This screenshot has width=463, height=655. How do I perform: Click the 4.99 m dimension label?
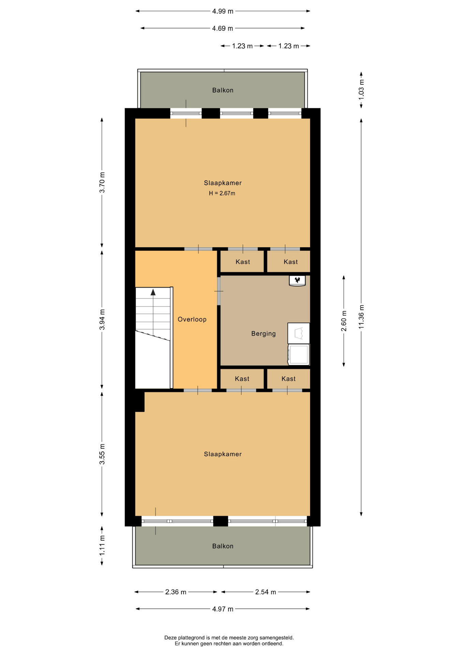223,11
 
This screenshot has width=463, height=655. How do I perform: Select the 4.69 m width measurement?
223,28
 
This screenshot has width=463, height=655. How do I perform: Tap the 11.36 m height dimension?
361,317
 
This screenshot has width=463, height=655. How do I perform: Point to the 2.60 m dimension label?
344,321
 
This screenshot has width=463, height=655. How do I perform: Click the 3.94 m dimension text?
102,320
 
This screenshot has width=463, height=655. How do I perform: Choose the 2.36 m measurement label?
176,592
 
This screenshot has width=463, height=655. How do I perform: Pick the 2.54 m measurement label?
266,592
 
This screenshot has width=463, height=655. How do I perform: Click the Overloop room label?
192,319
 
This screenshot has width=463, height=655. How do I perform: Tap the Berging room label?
264,334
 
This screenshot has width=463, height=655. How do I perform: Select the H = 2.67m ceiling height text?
222,193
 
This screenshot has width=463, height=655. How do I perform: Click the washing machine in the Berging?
299,355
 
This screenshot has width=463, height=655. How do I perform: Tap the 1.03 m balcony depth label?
361,90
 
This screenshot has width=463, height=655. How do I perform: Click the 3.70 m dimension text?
102,183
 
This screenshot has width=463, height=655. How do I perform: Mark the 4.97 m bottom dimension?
223,609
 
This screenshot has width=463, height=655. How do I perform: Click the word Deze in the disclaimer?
170,637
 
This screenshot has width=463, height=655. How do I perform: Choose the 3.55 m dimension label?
102,454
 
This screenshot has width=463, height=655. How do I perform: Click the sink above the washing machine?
299,333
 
